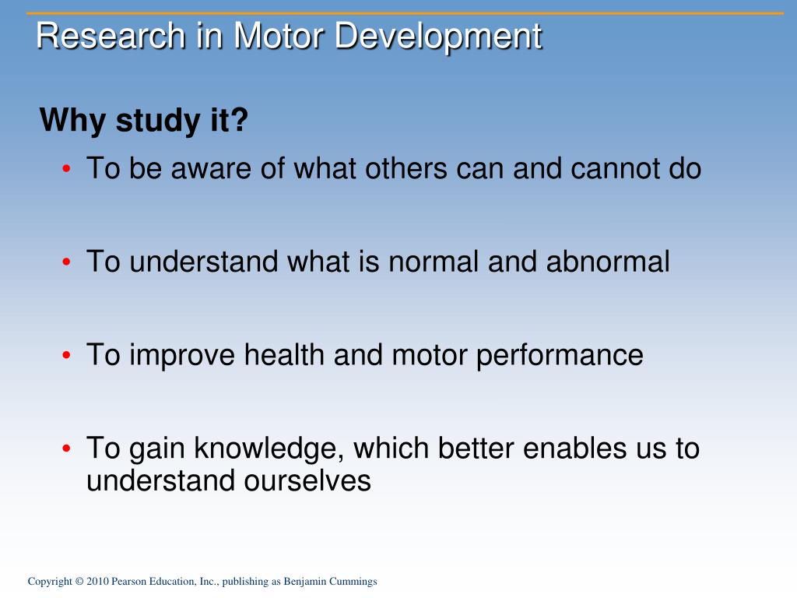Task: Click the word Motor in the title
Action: (279, 36)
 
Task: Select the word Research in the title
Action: (111, 36)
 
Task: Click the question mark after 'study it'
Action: (238, 120)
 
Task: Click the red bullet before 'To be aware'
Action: (66, 169)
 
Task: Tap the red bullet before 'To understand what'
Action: (66, 262)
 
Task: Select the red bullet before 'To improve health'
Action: (66, 355)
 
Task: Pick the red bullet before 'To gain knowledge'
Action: (66, 448)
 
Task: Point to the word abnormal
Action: (608, 262)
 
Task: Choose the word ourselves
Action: (307, 481)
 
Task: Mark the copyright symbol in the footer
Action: (79, 581)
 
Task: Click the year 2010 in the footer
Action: (97, 581)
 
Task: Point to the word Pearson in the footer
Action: (128, 581)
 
